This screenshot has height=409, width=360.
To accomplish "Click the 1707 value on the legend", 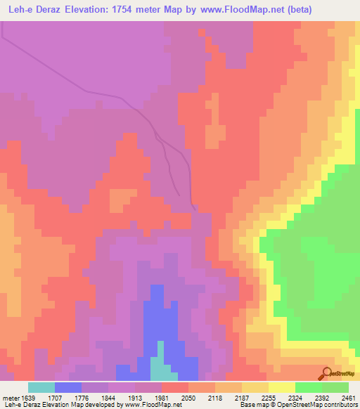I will (67, 397).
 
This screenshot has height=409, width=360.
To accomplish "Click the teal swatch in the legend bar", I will (41, 387).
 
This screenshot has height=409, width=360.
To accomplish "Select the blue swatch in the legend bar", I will (68, 387).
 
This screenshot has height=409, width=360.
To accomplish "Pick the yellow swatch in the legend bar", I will (282, 387).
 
